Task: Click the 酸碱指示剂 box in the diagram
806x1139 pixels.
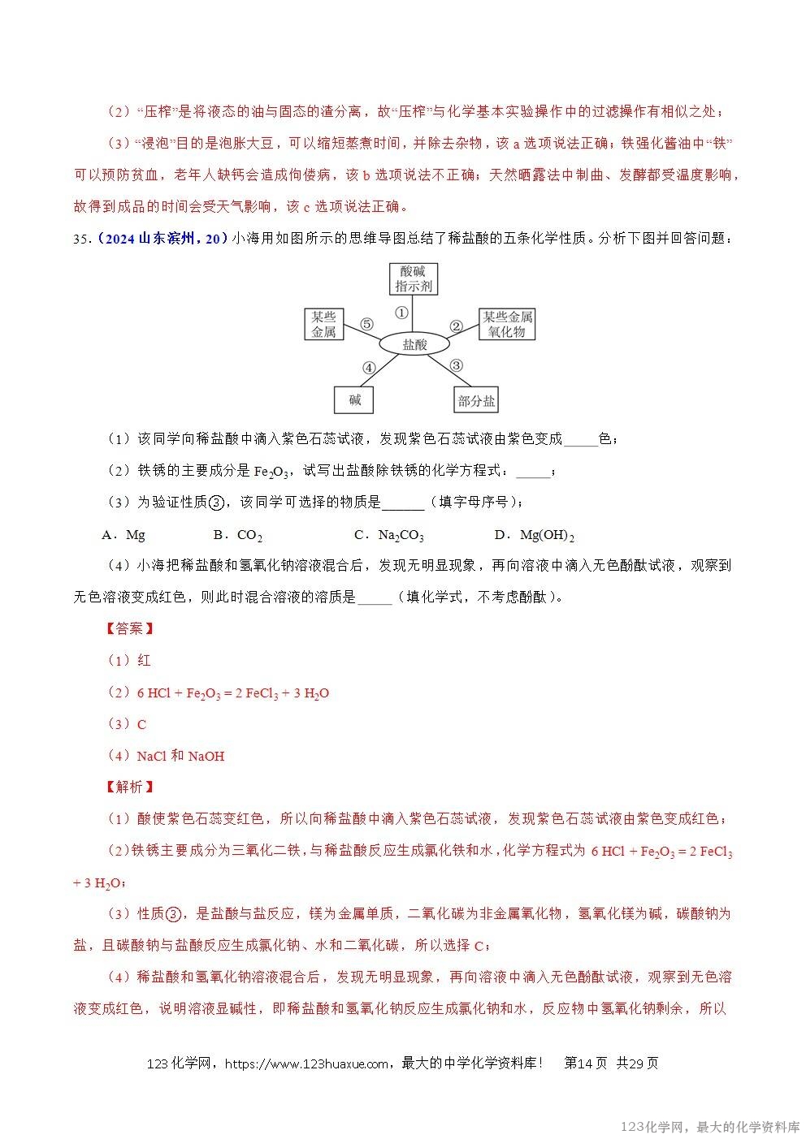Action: [x=414, y=278]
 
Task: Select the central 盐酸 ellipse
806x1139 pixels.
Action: [x=414, y=344]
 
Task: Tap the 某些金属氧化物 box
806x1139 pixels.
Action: [x=507, y=324]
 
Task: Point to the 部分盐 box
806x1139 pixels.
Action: [x=476, y=400]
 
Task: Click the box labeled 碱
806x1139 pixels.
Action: [x=355, y=399]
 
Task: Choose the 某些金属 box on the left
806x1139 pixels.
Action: [x=323, y=324]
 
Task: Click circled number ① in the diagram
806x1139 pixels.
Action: [x=401, y=313]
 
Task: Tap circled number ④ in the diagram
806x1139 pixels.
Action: [x=368, y=367]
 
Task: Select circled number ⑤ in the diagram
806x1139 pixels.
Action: [x=366, y=325]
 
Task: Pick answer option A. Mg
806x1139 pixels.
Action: [x=123, y=535]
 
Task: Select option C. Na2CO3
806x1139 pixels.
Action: [x=389, y=535]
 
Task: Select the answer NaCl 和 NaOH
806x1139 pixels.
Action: [x=180, y=756]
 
